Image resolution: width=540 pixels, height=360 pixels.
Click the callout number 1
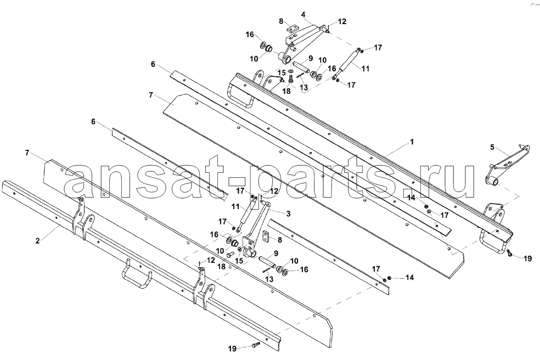click(x=412, y=142)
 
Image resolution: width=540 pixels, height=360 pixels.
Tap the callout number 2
click(x=37, y=241)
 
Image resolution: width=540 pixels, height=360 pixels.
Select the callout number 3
click(x=288, y=214)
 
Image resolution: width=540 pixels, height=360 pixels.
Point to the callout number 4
click(x=303, y=14)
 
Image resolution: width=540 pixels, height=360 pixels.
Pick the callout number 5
click(x=492, y=148)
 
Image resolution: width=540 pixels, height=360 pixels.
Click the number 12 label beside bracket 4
click(x=342, y=22)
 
